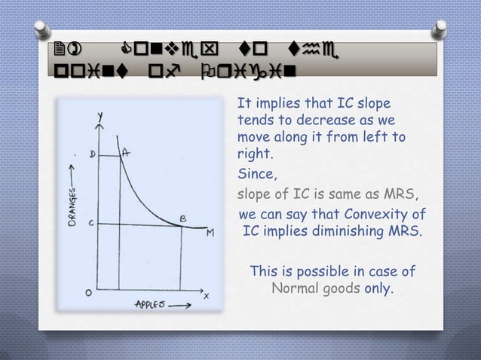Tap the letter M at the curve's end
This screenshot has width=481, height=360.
tap(210, 232)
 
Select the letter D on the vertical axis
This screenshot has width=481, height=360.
tap(93, 155)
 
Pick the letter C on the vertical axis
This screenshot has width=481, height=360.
tap(91, 224)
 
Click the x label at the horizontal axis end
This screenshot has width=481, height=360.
tap(205, 295)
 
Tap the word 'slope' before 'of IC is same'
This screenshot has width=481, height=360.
tap(254, 196)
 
